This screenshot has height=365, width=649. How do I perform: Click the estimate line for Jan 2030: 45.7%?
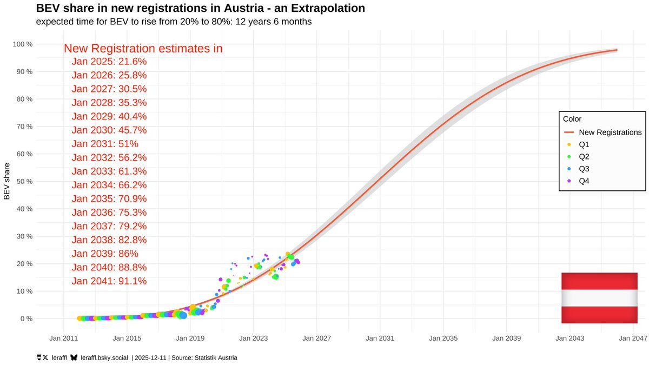pyautogui.click(x=109, y=130)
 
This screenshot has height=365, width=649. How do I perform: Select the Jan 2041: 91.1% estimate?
pyautogui.click(x=109, y=281)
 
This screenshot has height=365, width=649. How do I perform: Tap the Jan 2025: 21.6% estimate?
pyautogui.click(x=109, y=62)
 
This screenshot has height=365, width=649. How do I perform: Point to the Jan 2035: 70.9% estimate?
pyautogui.click(x=109, y=199)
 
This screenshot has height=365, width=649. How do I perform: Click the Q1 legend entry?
pyautogui.click(x=584, y=144)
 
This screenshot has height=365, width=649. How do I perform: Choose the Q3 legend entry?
pyautogui.click(x=584, y=169)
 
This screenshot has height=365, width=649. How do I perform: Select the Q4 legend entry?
pyautogui.click(x=584, y=181)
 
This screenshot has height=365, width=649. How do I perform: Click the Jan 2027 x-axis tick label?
pyautogui.click(x=316, y=339)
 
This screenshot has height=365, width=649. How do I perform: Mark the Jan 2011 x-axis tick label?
pyautogui.click(x=64, y=339)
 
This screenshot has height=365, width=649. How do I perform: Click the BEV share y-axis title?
pyautogui.click(x=7, y=181)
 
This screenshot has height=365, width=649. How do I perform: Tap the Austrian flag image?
pyautogui.click(x=599, y=298)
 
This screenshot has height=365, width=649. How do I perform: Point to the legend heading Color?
pyautogui.click(x=572, y=119)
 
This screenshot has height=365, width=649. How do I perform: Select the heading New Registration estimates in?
pyautogui.click(x=143, y=48)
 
